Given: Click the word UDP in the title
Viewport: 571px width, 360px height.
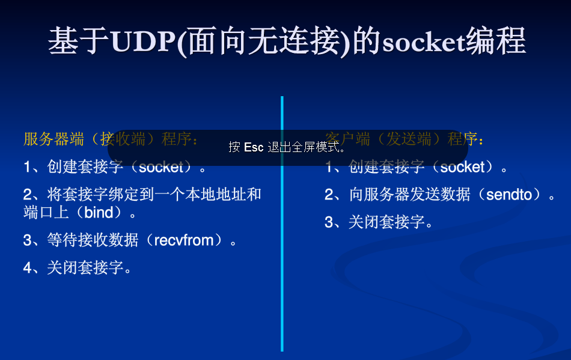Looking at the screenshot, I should [144, 42].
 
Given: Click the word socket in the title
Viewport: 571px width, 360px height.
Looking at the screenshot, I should [423, 42].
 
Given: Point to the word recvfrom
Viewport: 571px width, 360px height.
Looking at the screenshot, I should [184, 240].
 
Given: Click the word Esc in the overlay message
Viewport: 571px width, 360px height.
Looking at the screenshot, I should [254, 147].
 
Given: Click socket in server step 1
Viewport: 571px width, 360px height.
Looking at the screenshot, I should [160, 167].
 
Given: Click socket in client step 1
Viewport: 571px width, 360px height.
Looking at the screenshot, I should [462, 167].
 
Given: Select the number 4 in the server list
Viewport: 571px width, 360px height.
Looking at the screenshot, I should [28, 268].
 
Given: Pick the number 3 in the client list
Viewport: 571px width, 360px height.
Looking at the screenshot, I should [329, 222].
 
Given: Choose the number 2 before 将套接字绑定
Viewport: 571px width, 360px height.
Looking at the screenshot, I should [28, 194].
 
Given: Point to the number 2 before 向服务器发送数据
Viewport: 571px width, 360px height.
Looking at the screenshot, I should [329, 194].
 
